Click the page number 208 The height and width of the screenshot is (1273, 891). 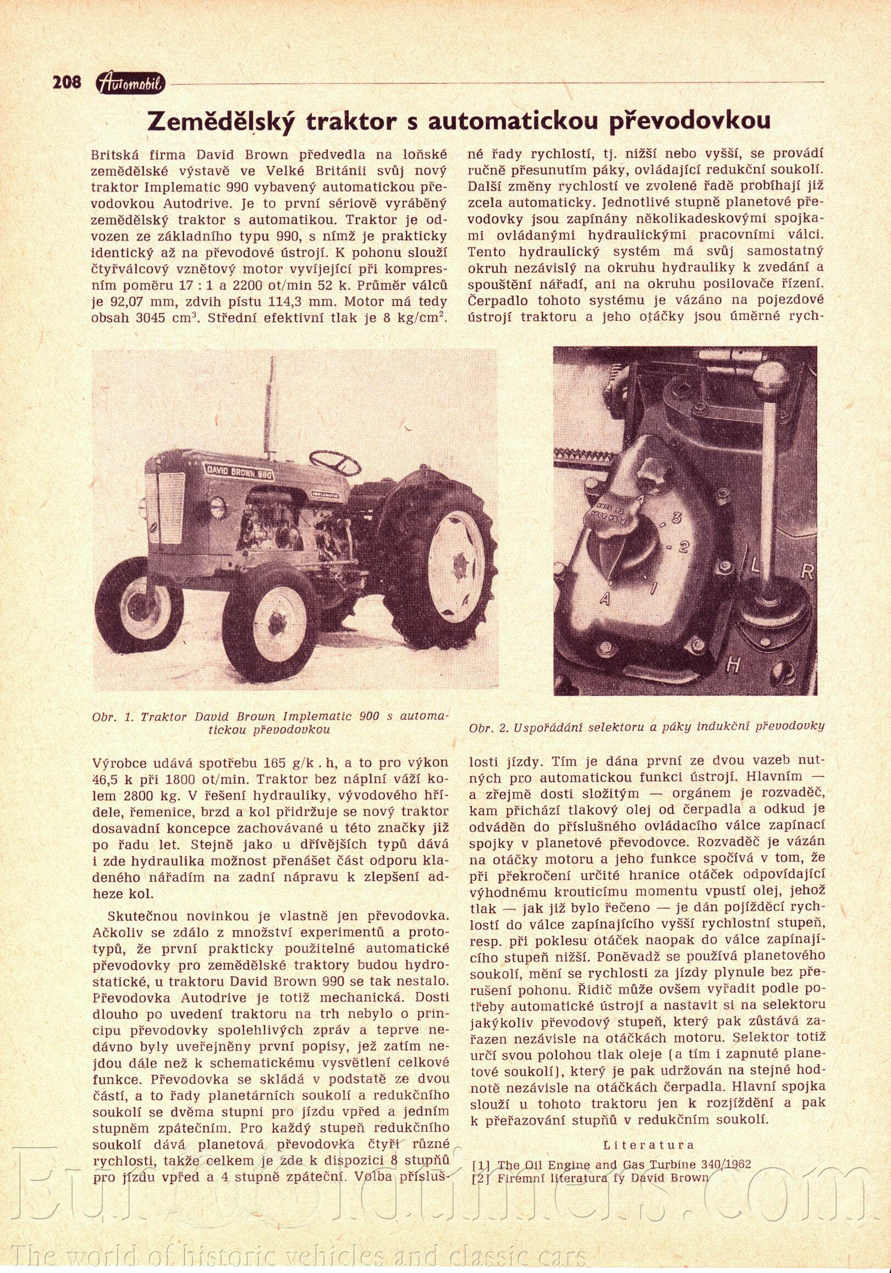pyautogui.click(x=67, y=83)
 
